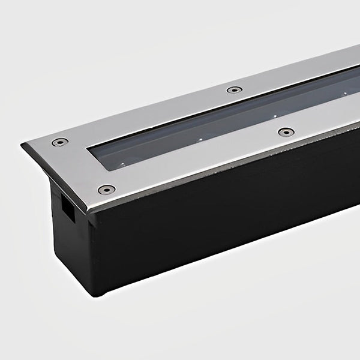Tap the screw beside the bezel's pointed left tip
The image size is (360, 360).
coord(59,142)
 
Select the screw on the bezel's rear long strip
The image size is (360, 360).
coord(233,90)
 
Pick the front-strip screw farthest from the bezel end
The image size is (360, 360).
coord(286,131)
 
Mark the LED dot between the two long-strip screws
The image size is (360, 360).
coord(274,116)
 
